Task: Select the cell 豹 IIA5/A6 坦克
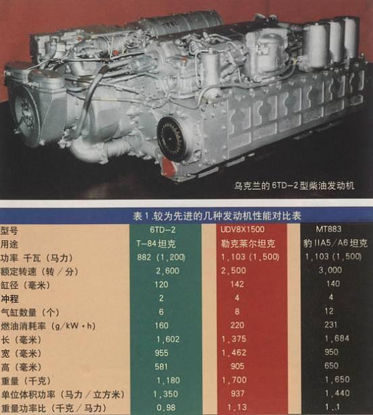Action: click(x=328, y=244)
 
